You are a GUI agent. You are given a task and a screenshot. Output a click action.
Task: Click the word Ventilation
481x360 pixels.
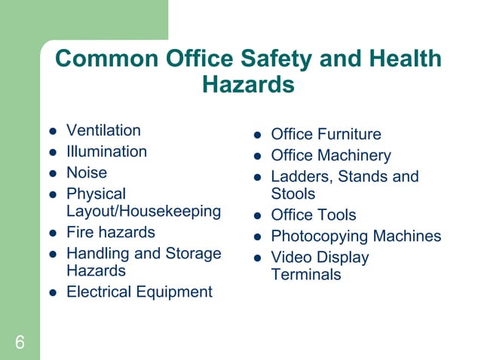coord(103,130)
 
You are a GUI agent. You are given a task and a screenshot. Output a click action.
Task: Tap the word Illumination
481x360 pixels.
coord(106,151)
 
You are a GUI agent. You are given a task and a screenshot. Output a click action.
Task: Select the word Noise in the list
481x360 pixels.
coord(87,172)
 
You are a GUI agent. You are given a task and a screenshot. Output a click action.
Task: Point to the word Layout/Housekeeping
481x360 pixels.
coord(143,211)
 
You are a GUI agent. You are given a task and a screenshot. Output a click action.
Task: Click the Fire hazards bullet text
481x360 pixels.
coord(110,232)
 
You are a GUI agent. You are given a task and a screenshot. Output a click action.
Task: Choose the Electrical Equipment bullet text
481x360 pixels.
coord(139,291)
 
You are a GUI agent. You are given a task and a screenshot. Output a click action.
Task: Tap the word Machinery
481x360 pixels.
coord(354,156)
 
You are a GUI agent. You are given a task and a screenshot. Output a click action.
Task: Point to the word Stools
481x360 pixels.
coord(293,194)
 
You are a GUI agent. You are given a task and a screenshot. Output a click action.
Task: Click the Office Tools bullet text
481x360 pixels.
coord(313,215)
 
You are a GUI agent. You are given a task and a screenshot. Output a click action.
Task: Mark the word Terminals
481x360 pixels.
coord(305,274)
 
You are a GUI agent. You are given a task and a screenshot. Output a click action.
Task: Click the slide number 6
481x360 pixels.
coord(20,343)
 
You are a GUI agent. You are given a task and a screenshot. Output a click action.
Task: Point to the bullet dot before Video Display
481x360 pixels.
coord(257,258)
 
